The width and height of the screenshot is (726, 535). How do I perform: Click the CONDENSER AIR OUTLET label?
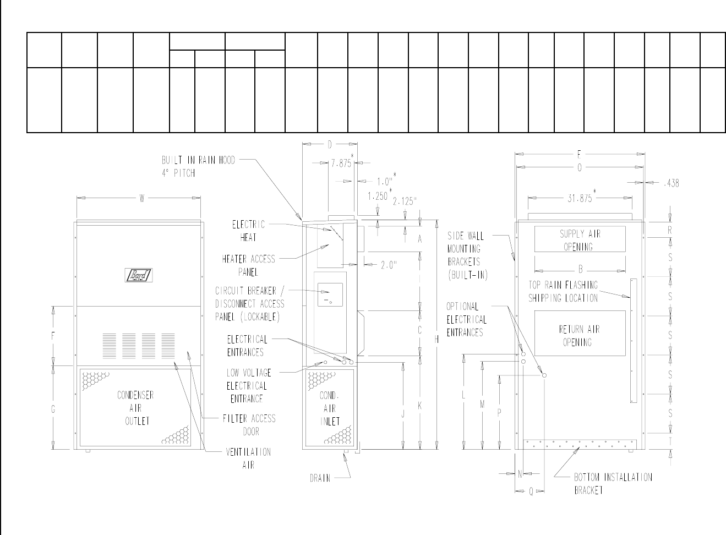tap(135, 408)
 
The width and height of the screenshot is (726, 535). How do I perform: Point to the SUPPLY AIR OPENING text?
tap(580, 240)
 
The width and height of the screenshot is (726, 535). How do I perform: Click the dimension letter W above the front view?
tap(141, 199)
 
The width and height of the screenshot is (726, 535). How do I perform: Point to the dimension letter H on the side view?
tap(436, 340)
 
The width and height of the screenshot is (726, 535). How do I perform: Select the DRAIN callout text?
tap(320, 478)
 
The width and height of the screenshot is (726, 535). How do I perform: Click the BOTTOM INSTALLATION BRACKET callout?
tap(613, 483)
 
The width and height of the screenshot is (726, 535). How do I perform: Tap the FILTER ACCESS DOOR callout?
tap(249, 425)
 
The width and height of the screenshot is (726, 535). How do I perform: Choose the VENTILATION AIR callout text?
tap(248, 458)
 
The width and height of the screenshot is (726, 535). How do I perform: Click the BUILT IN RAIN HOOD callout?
tap(198, 166)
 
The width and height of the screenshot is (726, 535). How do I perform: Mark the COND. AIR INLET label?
tap(330, 408)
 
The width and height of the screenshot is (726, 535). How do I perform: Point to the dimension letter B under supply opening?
tap(580, 270)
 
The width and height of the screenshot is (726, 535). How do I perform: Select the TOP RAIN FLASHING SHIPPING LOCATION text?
tap(563, 292)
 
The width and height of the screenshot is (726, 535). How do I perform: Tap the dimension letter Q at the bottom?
tap(531, 492)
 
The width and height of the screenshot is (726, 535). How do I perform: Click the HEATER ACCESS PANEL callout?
tap(248, 265)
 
